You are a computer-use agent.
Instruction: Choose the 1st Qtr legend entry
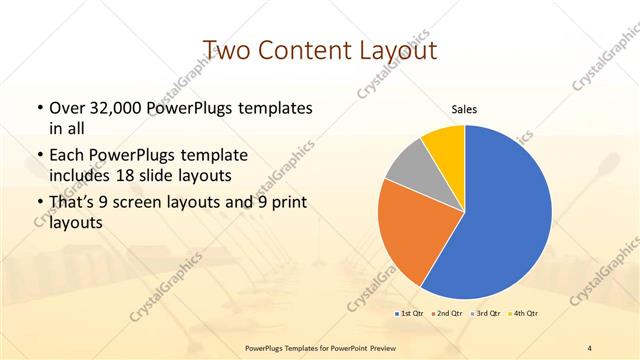pos(409,314)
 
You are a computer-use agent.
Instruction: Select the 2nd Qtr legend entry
pos(445,314)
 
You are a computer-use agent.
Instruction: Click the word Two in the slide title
pos(226,50)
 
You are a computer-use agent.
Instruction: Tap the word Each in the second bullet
pos(67,156)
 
